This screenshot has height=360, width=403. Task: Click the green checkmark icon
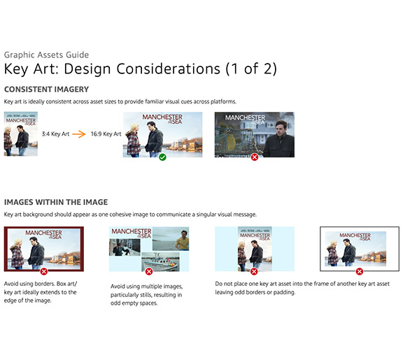click(x=162, y=157)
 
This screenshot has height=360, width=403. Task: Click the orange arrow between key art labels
click(x=79, y=134)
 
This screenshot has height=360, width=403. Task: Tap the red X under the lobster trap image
click(x=255, y=157)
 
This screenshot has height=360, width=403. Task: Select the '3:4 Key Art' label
click(x=55, y=134)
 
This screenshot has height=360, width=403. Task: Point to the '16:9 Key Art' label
click(x=106, y=134)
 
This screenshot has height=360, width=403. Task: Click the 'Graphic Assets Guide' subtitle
click(x=46, y=55)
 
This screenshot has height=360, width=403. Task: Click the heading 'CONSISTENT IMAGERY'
click(x=46, y=89)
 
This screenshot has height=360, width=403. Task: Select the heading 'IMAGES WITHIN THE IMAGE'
click(x=56, y=202)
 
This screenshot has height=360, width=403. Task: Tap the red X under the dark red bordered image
click(x=44, y=271)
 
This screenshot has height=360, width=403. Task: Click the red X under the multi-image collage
click(x=149, y=271)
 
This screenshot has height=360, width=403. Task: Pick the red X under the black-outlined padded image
click(x=360, y=271)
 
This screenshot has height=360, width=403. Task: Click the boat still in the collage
click(x=160, y=261)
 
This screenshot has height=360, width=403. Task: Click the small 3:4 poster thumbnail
click(x=21, y=134)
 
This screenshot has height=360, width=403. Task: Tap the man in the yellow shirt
click(x=183, y=240)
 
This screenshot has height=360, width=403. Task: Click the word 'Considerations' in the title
click(x=169, y=69)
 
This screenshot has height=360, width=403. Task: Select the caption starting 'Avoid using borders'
click(x=41, y=292)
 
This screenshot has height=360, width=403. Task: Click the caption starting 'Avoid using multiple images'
click(x=146, y=294)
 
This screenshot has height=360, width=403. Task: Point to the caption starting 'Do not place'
click(x=302, y=288)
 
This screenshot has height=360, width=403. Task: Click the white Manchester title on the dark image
click(x=245, y=120)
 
